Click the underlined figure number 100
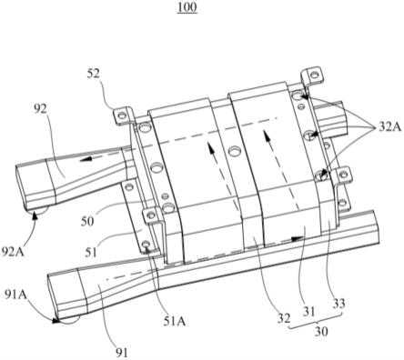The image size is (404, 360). (x=187, y=7)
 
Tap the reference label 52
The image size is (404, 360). (x=93, y=74)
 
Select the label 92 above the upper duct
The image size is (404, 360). (x=40, y=109)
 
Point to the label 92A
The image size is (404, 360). (x=13, y=251)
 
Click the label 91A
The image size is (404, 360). (x=16, y=295)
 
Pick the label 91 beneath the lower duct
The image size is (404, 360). (x=122, y=353)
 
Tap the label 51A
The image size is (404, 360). (x=174, y=321)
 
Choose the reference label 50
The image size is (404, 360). (x=87, y=222)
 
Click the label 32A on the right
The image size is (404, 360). (x=389, y=127)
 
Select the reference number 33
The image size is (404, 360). (x=338, y=303)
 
